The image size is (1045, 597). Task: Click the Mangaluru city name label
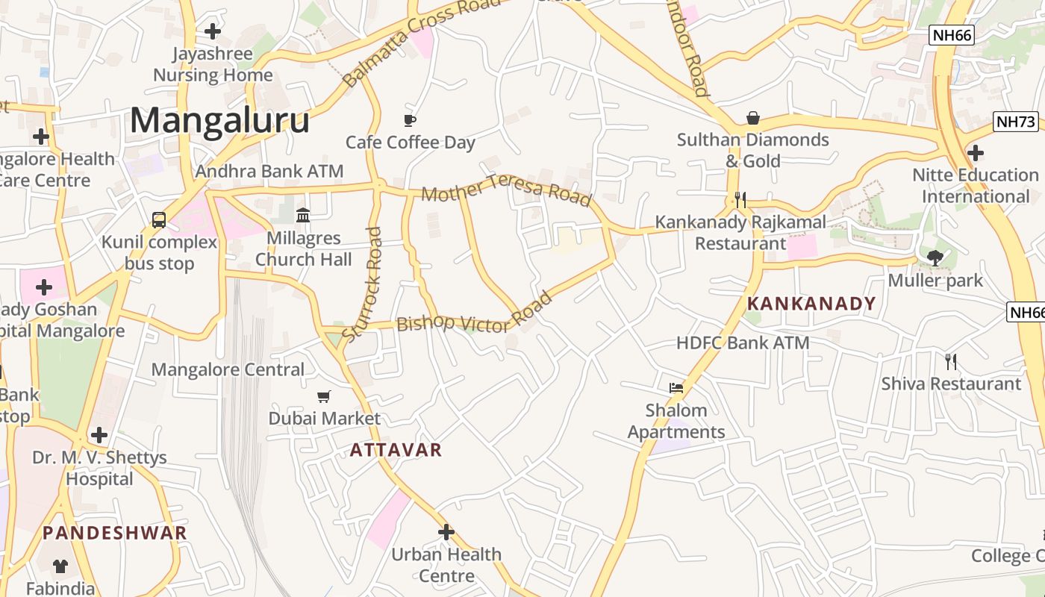(219, 121)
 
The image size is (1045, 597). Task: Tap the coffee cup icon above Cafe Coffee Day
(410, 120)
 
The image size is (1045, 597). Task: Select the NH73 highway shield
(1016, 122)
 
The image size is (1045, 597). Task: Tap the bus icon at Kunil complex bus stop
(159, 219)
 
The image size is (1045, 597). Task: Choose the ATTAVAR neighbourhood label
(396, 450)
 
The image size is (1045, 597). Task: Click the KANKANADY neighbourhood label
(811, 304)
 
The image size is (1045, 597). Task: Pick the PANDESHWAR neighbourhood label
(114, 533)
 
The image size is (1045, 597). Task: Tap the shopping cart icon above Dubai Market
(324, 397)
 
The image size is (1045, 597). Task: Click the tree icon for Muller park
(935, 258)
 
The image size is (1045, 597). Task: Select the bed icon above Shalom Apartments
(676, 388)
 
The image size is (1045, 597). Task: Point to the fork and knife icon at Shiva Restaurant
(951, 362)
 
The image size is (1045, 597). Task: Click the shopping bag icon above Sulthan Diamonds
(753, 119)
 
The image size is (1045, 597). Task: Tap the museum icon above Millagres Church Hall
(303, 216)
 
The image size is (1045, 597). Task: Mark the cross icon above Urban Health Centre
(446, 532)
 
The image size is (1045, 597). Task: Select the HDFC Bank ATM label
(742, 343)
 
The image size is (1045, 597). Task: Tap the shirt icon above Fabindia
(60, 566)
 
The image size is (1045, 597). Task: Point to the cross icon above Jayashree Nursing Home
(213, 31)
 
